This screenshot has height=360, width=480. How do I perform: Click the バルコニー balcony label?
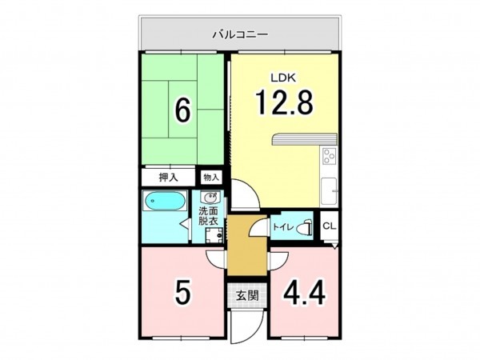(x=240, y=34)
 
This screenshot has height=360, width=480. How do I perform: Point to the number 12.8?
(x=283, y=102)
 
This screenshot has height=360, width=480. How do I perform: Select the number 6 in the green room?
(x=183, y=111)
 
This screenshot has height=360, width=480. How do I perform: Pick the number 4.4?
(x=303, y=294)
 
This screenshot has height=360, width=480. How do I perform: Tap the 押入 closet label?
(x=167, y=177)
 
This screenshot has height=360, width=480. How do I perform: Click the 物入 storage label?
(x=210, y=177)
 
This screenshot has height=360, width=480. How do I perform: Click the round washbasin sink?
(x=211, y=198)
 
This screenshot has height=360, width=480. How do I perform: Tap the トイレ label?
(x=281, y=227)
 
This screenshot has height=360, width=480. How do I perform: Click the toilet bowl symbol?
(x=303, y=227)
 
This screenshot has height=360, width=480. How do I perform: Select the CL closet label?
(x=329, y=226)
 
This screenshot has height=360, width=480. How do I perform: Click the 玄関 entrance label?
(x=246, y=295)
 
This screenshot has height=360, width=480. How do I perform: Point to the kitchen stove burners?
(x=329, y=155)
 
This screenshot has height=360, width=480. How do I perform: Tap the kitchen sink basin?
(x=328, y=191)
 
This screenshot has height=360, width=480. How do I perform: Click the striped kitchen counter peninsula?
(x=296, y=140)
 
